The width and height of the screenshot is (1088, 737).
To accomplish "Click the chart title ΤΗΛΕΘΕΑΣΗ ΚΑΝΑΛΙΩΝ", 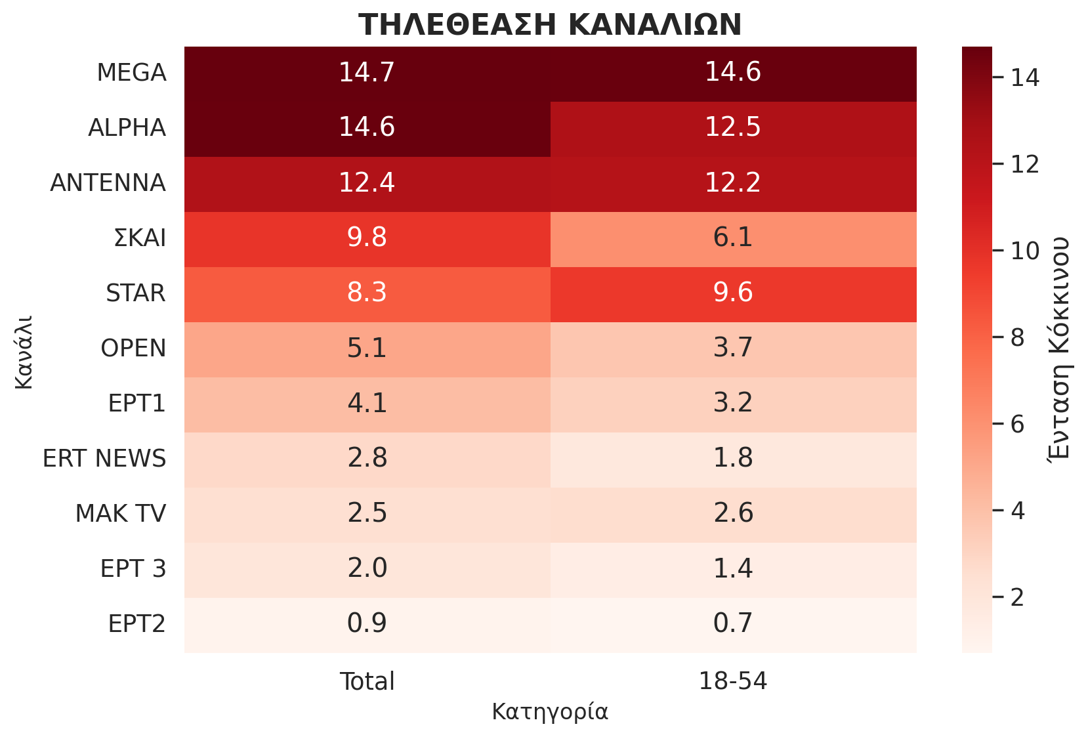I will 550,25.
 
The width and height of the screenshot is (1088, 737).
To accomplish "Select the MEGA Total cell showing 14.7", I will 367,72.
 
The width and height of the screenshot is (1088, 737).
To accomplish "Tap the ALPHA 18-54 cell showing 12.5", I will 733,127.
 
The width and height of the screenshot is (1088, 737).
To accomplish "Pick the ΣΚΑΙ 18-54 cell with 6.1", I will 733,238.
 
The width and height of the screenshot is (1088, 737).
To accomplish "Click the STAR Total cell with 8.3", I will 367,293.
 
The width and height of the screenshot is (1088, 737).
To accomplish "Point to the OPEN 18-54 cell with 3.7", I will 733,348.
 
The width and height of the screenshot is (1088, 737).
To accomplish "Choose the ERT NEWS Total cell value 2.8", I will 367,458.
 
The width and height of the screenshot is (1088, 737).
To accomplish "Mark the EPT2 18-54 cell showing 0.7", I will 733,623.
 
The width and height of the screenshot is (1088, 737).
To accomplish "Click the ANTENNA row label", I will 108,182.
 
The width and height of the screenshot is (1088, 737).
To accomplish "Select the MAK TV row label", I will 121,513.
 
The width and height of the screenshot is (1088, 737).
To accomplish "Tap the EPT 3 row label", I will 133,568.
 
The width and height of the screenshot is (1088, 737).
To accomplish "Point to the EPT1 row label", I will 137,403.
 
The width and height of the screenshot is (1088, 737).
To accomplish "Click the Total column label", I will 367,682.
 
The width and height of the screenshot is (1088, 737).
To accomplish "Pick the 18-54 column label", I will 733,682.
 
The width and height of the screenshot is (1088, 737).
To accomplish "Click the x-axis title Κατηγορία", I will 550,712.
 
